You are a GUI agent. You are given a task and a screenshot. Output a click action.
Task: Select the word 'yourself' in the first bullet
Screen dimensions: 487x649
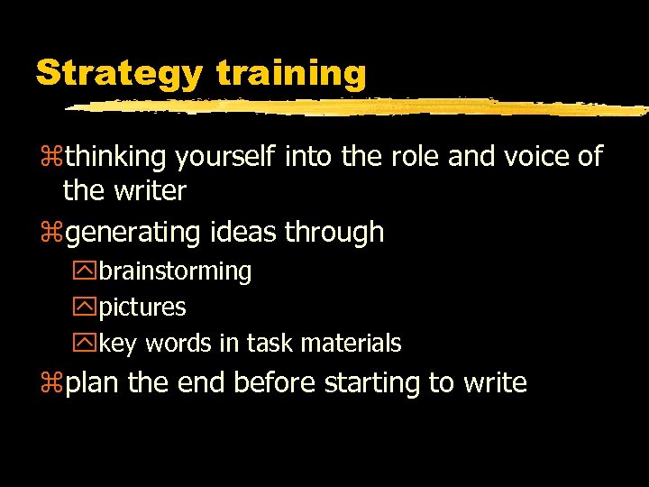coord(226,158)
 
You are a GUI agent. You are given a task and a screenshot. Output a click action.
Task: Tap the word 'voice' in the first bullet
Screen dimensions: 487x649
coord(534,157)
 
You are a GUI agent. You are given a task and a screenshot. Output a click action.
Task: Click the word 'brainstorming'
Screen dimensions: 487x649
coord(175,271)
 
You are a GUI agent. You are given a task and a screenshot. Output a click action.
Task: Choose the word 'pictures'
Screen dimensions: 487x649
coord(142,308)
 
